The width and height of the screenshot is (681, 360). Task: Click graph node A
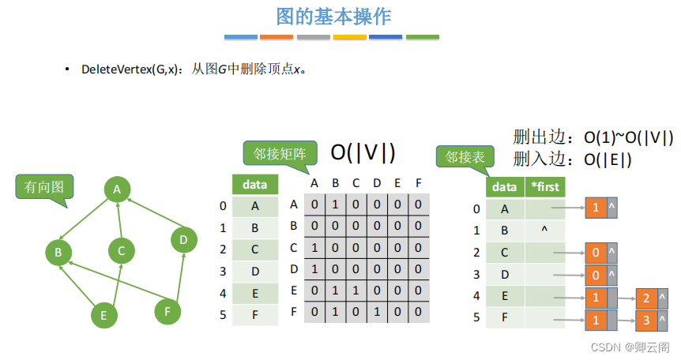coord(117,189)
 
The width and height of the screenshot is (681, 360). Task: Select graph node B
coord(58,253)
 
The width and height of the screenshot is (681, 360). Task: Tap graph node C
coord(121,252)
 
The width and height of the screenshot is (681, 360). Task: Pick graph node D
coord(183,239)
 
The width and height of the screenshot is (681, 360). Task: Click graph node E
coord(103,316)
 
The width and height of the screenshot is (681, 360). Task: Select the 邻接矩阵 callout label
coord(280,152)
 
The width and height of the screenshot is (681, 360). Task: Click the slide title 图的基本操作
coord(333,17)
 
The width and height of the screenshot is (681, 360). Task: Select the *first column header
coord(544,187)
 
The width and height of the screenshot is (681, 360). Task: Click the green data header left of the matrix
coord(254,185)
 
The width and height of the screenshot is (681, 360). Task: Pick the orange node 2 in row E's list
coord(645,298)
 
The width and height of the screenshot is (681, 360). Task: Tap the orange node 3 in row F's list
coord(645,321)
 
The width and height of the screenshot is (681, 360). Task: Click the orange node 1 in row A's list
coord(595,208)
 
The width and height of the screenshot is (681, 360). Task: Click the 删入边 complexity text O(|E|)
coord(608,159)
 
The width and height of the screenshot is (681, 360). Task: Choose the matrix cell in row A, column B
coord(335,204)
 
